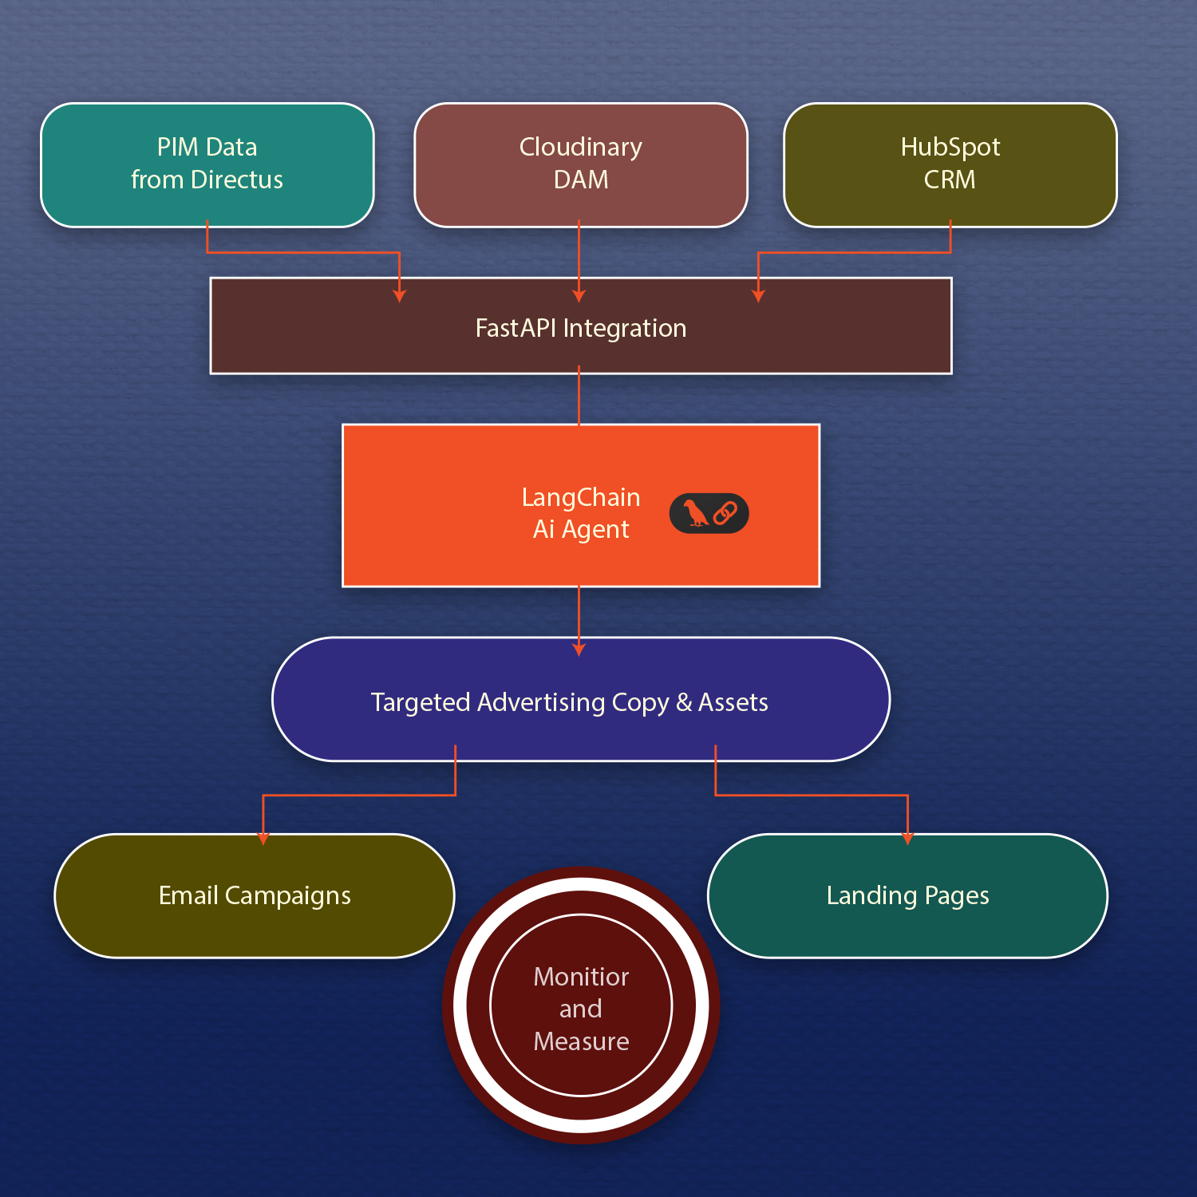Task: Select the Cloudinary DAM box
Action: coord(580,164)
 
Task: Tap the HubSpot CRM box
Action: coord(950,164)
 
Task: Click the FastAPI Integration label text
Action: coord(580,328)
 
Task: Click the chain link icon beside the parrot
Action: coord(725,513)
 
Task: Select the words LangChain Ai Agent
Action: coord(580,513)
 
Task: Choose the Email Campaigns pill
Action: coord(255,895)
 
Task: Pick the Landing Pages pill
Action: coord(907,895)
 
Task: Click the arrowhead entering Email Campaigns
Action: coord(263,839)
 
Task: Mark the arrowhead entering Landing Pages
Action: coord(907,839)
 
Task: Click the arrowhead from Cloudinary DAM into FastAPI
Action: coord(579,296)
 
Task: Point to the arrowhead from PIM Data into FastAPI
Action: coord(400,296)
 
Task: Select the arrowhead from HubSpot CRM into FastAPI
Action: coord(758,296)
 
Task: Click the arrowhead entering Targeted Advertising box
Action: coord(579,650)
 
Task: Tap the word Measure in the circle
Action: coord(581,1041)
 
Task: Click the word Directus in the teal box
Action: coord(237,180)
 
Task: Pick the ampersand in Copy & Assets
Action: coord(684,702)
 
